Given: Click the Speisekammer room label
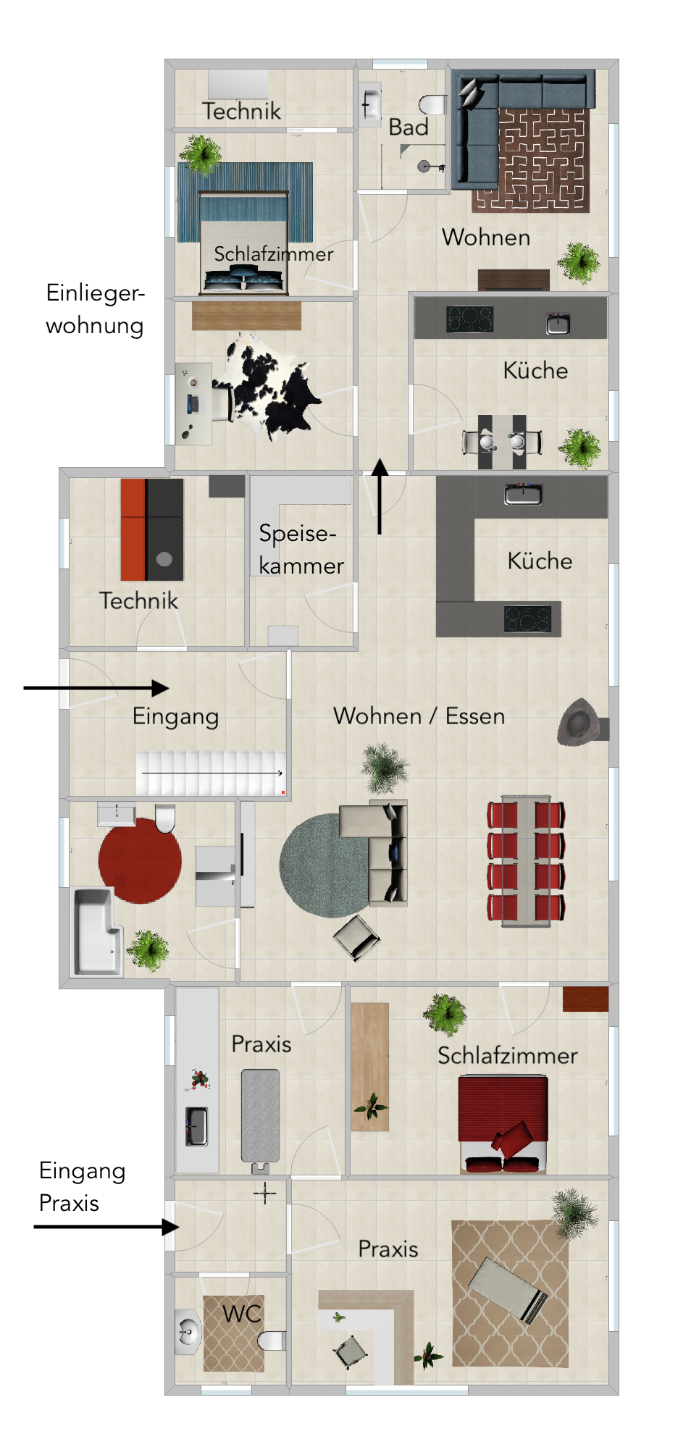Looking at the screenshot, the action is (301, 549).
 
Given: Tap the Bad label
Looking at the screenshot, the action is (409, 127).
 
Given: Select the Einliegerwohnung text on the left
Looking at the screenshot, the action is (95, 309).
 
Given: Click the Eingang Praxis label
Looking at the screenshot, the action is (82, 1186).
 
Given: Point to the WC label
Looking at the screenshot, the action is (241, 1314).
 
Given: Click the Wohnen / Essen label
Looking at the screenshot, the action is (419, 716).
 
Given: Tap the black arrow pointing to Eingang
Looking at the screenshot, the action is (96, 688).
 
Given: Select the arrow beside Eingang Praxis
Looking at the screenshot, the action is (106, 1227).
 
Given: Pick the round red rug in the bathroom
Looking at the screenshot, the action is (140, 860).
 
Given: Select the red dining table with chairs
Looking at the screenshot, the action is (526, 860).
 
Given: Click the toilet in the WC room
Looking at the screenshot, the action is (272, 1341).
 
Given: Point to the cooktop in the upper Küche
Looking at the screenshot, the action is (469, 319).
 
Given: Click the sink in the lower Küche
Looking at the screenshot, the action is (522, 495).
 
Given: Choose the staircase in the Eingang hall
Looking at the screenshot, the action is (211, 773).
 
